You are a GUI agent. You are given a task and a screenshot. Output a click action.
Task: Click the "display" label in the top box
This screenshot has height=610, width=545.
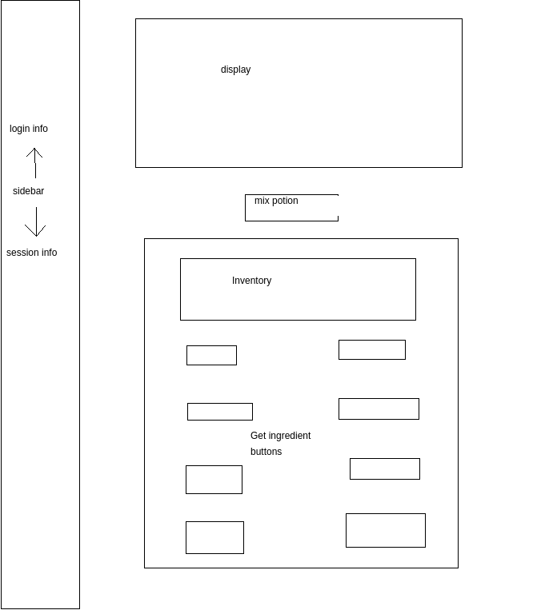235,70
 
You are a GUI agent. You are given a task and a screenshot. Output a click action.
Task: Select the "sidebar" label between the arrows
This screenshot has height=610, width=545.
28,191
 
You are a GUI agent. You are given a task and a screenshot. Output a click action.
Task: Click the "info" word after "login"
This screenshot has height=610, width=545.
40,129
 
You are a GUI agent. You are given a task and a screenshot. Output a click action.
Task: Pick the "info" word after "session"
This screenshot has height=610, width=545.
49,253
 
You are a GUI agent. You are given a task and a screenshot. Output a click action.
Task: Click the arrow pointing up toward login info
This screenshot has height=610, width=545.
34,162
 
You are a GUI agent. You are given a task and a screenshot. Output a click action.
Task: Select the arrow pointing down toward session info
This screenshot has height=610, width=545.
35,222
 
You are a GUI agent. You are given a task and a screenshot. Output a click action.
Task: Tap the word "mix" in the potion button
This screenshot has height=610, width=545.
261,201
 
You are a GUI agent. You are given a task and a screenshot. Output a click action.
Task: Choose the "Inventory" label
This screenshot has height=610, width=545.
251,281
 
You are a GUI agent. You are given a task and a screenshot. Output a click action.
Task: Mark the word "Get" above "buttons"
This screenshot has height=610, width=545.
258,436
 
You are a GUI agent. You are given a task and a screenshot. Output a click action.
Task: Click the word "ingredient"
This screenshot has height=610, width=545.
289,436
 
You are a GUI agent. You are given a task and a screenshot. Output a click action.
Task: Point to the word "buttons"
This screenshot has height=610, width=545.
266,452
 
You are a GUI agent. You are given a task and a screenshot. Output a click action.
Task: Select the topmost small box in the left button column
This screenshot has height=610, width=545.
211,355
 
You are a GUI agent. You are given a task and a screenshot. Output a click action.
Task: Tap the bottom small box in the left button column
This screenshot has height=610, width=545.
214,537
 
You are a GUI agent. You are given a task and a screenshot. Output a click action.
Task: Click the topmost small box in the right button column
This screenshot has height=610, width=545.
371,349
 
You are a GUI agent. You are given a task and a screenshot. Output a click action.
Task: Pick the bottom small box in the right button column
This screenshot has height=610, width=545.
385,530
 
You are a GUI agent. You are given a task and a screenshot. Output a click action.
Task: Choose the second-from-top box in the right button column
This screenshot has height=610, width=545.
379,409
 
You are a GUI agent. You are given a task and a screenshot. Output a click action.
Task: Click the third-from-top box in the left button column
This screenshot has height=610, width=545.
214,480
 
